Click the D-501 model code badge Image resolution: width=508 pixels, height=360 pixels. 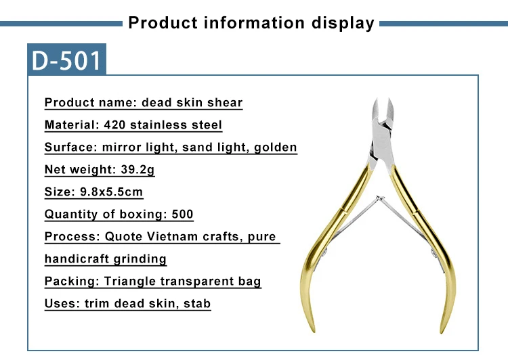(x=66, y=60)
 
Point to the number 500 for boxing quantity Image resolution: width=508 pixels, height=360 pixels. (x=182, y=214)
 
